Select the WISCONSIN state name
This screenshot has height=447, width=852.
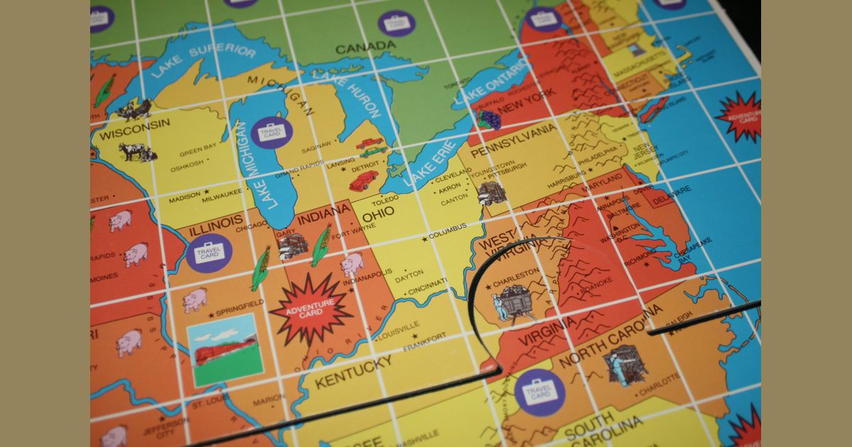pyautogui.click(x=135, y=128)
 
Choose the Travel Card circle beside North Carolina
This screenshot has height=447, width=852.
pyautogui.click(x=540, y=392)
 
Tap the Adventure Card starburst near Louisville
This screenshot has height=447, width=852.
pyautogui.click(x=311, y=309)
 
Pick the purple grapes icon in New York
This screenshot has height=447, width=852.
pyautogui.click(x=488, y=118)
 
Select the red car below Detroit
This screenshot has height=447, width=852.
pyautogui.click(x=363, y=180)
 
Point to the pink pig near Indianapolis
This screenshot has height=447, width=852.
pyautogui.click(x=351, y=263)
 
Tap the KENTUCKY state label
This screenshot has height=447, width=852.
pyautogui.click(x=354, y=372)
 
